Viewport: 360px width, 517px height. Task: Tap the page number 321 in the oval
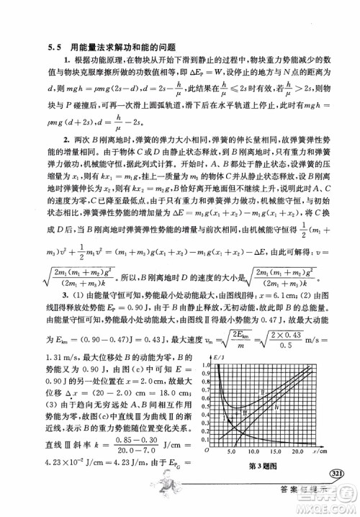point(337,473)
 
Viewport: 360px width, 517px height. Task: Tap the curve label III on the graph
point(245,413)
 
